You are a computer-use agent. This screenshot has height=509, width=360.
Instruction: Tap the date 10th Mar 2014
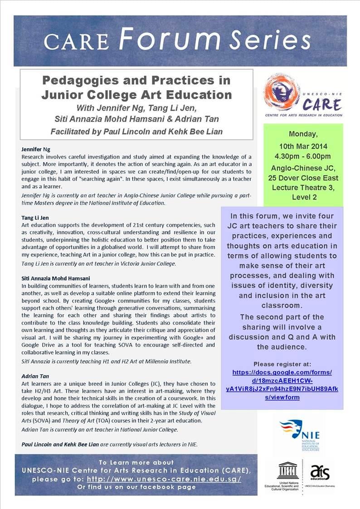coord(303,146)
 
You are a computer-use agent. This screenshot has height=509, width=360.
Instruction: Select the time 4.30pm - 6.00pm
coord(303,157)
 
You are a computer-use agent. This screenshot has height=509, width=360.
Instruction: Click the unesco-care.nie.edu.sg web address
coord(164,479)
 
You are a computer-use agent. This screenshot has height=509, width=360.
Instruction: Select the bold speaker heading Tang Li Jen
coord(35,218)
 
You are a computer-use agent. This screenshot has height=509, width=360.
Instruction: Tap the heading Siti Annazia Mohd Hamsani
coord(55,278)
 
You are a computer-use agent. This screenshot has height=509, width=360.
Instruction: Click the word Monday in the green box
coord(303,135)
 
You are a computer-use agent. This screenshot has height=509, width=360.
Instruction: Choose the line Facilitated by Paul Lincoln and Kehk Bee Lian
coord(136,131)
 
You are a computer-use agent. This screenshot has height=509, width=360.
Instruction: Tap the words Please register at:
coord(282,364)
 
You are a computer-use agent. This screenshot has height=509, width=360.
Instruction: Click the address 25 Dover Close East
coord(303,177)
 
